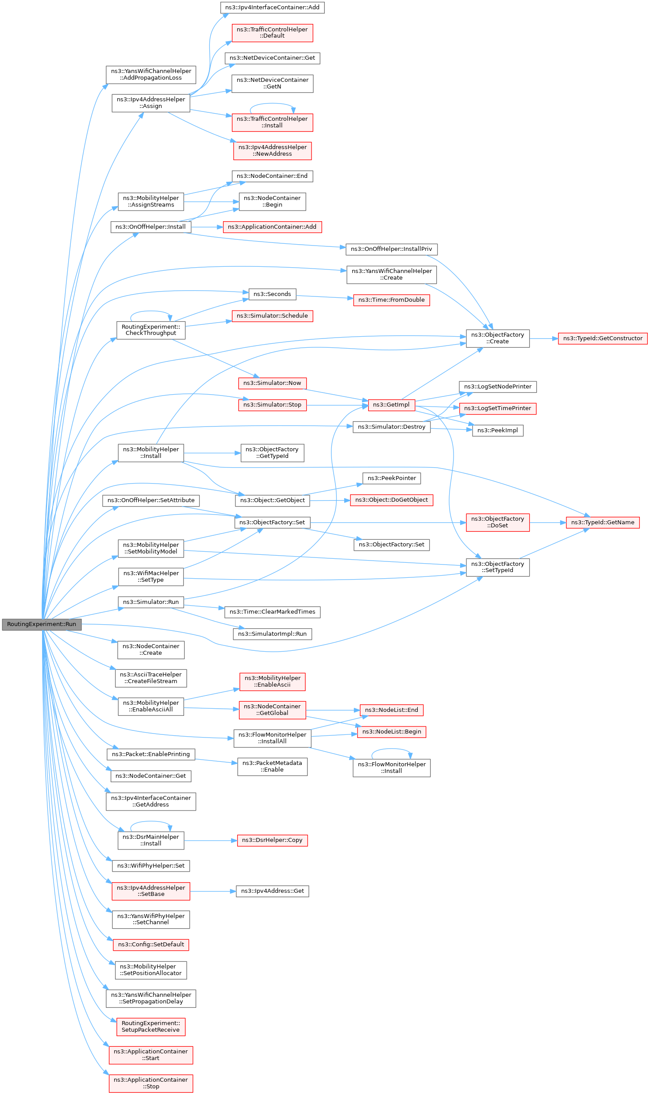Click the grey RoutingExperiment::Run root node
(42, 624)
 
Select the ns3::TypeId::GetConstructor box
(603, 338)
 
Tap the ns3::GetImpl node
(391, 405)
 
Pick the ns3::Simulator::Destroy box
(391, 427)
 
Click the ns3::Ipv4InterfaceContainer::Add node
(272, 8)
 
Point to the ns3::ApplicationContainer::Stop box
(151, 1083)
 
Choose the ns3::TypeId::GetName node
(603, 523)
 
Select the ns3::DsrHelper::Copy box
(272, 840)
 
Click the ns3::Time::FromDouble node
(391, 300)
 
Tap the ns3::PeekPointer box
(392, 478)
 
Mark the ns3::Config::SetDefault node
(151, 945)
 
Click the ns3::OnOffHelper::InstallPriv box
(391, 249)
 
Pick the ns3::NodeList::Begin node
(392, 732)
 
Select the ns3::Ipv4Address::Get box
(272, 891)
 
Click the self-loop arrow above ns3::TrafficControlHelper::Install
(272, 104)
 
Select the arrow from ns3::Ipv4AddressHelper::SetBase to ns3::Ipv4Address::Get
(212, 891)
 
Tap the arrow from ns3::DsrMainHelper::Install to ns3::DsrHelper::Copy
(210, 840)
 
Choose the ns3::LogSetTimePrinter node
(497, 408)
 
